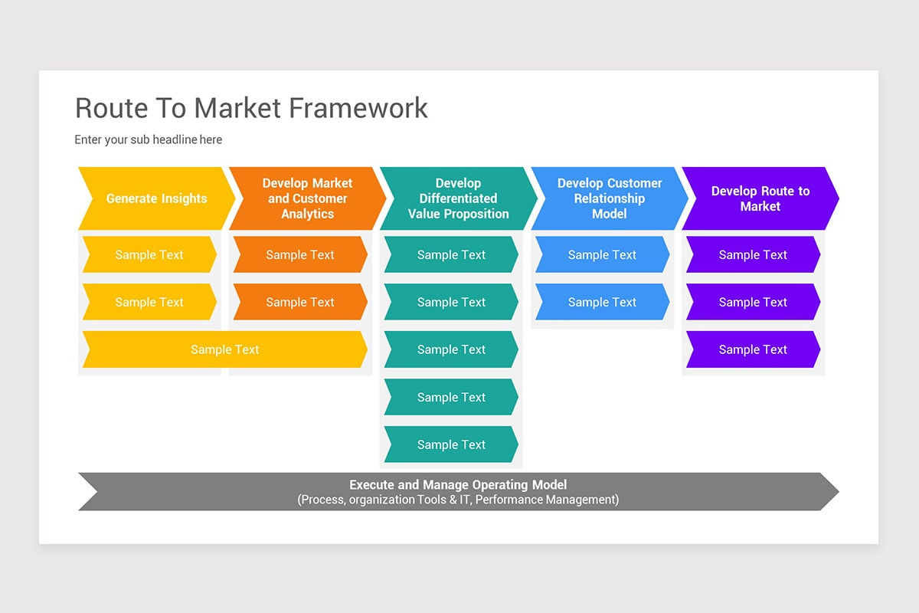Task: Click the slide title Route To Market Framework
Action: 251,108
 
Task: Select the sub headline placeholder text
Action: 148,139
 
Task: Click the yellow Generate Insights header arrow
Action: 156,198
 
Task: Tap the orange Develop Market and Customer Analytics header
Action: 307,198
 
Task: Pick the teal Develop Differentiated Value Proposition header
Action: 458,198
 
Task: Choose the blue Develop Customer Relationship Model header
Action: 609,198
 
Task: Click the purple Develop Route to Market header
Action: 760,198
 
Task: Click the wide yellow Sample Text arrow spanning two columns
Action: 224,349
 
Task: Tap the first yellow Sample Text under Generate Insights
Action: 149,255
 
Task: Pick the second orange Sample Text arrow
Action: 300,303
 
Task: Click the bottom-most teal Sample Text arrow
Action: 451,444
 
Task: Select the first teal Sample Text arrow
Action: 451,255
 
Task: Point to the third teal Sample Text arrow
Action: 451,349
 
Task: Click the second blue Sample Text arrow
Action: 602,303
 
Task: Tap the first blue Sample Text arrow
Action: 602,255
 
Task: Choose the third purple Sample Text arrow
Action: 753,349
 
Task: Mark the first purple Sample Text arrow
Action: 753,255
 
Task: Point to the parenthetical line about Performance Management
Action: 458,500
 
